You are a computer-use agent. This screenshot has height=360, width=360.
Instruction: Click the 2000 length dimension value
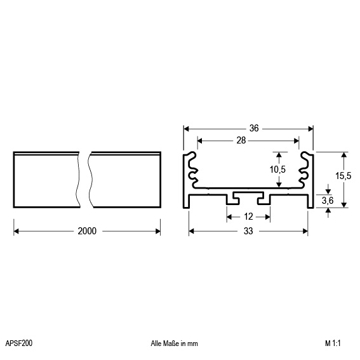click(87, 231)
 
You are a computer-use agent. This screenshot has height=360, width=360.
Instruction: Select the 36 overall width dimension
click(254, 128)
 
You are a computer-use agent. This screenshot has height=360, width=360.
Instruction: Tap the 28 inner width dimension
click(241, 140)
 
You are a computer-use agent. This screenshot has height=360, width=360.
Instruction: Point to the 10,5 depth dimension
click(277, 170)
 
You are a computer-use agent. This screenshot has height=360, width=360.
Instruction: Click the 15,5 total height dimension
click(343, 176)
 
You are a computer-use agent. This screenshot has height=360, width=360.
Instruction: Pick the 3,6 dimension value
click(328, 201)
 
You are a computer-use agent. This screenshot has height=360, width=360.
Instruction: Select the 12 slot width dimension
click(248, 217)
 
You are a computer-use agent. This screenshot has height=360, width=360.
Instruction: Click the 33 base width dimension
click(248, 231)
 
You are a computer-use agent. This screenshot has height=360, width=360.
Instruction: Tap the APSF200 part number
click(19, 343)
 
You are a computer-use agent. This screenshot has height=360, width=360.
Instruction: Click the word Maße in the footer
click(171, 343)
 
